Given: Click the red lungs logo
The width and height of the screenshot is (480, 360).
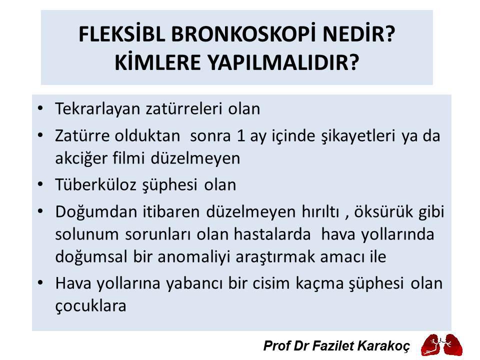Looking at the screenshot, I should click(x=440, y=344).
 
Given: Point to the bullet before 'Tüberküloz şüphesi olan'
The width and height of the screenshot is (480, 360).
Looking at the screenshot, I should click(x=40, y=184).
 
